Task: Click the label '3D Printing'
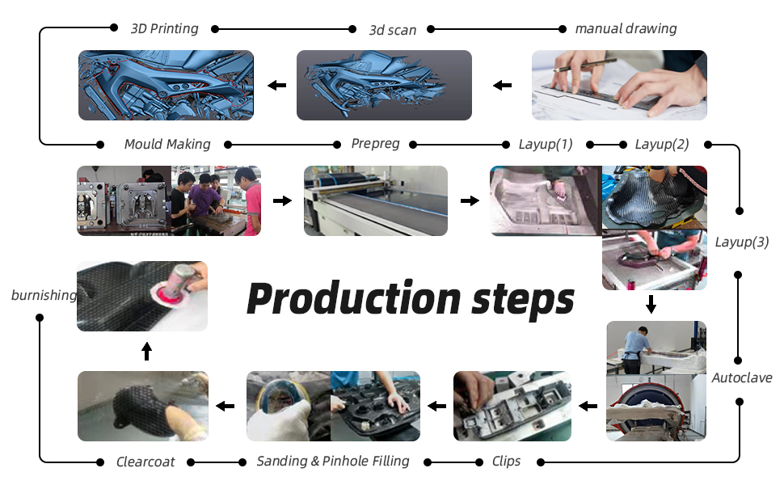[x=164, y=28]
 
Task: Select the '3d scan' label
[x=392, y=30]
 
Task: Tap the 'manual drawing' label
[x=626, y=28]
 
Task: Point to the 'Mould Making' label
[x=166, y=144]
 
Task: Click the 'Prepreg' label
[x=375, y=144]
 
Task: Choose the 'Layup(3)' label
[x=742, y=241]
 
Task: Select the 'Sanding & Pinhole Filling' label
[x=333, y=461]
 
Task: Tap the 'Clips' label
[x=506, y=462]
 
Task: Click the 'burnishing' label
[x=44, y=295]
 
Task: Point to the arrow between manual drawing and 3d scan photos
[x=503, y=85]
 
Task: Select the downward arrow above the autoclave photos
[x=651, y=305]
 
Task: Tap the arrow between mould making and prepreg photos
[x=282, y=200]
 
